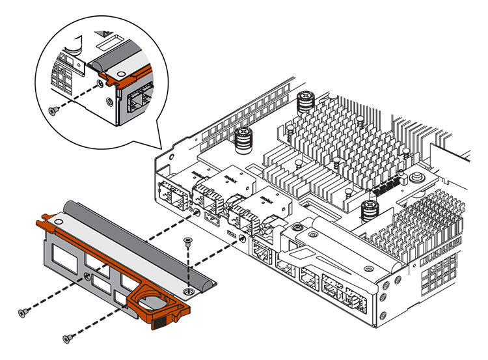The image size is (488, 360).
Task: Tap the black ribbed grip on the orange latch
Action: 165,321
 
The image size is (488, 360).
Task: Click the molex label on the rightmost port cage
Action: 266,197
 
